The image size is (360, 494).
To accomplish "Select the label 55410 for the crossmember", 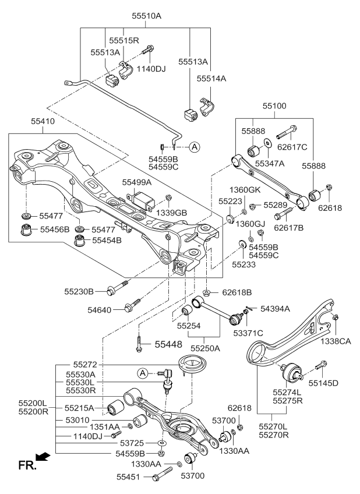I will (x=44, y=122).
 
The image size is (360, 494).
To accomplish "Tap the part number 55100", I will (x=274, y=107).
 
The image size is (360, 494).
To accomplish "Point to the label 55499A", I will (x=137, y=182).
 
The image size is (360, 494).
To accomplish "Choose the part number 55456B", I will (x=54, y=229).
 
